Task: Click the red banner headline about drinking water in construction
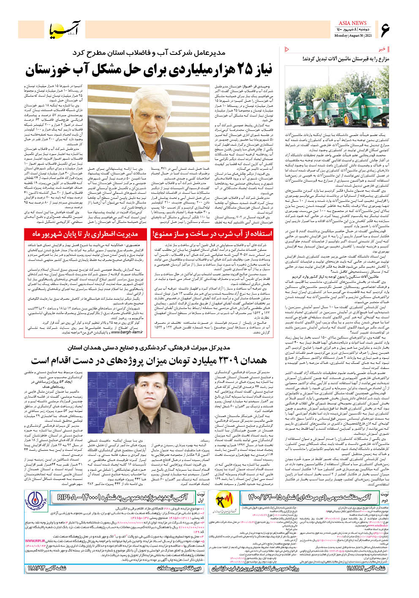point(212,234)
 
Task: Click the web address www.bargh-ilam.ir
point(127,333)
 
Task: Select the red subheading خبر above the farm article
point(382,49)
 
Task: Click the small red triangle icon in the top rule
point(287,49)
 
